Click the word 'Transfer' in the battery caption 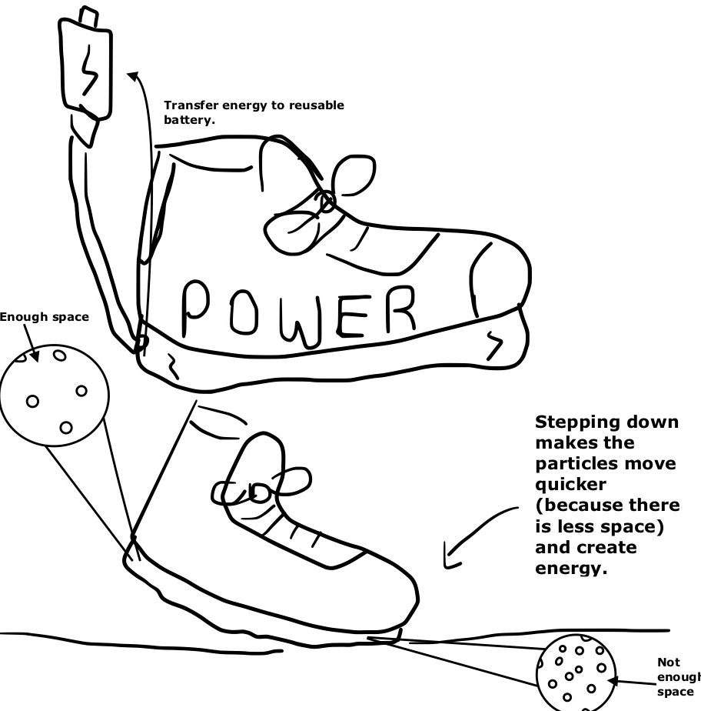point(189,105)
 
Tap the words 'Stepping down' point(606,423)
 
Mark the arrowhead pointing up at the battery point(134,75)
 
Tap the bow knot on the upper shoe point(327,202)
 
